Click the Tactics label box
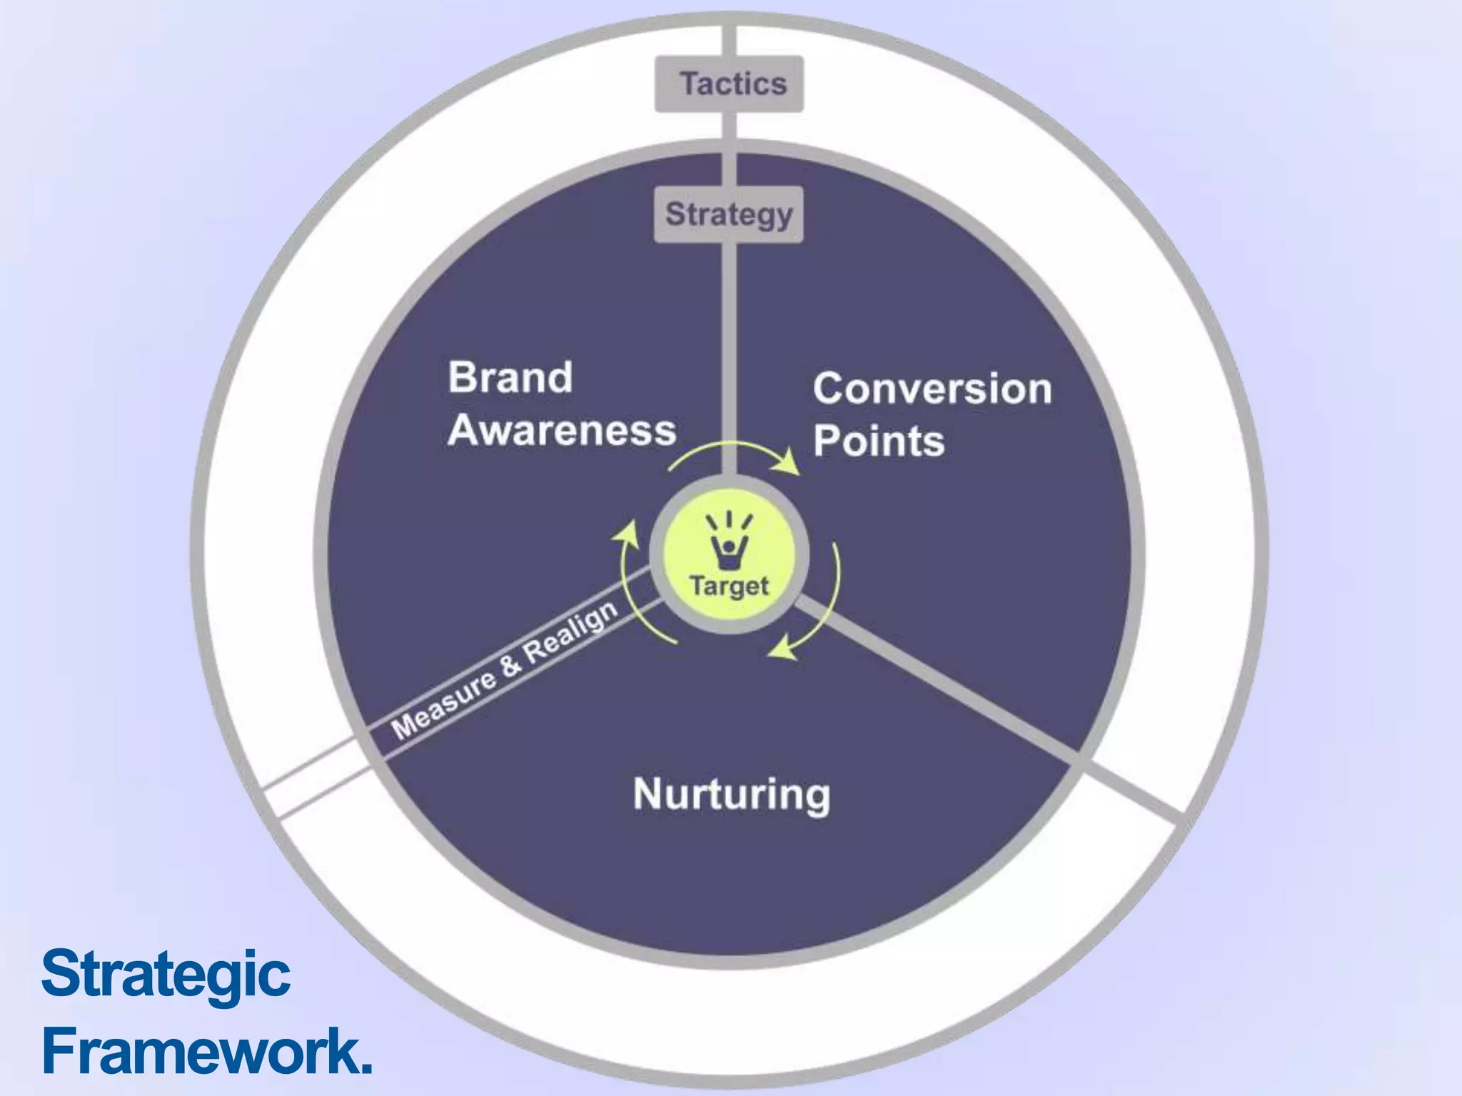point(729,84)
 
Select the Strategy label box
point(729,215)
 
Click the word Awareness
point(562,431)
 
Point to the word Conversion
point(932,390)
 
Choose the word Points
point(879,441)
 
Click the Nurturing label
point(732,795)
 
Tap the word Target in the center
point(729,587)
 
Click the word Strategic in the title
point(166,973)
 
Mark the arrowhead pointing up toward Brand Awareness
point(627,532)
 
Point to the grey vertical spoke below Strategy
point(729,357)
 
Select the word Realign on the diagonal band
point(570,631)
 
